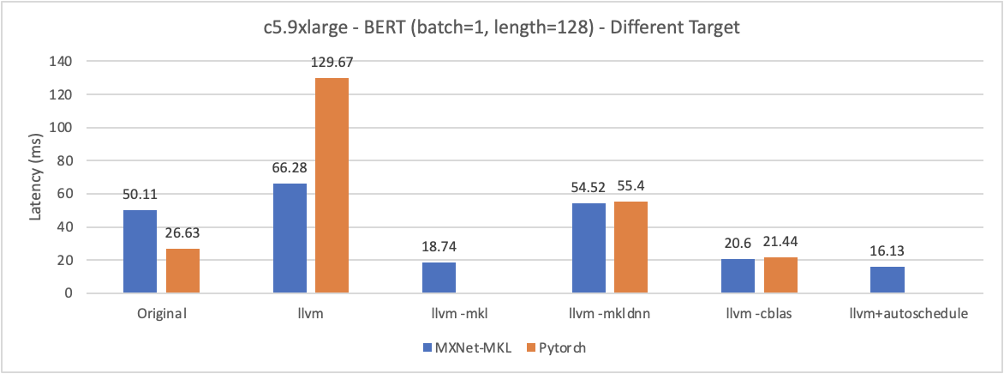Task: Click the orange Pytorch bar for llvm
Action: pyautogui.click(x=332, y=185)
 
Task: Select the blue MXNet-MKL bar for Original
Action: pyautogui.click(x=140, y=251)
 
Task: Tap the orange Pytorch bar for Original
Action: pyautogui.click(x=182, y=271)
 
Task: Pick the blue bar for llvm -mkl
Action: pyautogui.click(x=439, y=278)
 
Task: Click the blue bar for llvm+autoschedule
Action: pyautogui.click(x=887, y=280)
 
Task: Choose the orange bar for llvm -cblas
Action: pyautogui.click(x=780, y=275)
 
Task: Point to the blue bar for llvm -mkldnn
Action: pyautogui.click(x=588, y=248)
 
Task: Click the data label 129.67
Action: pyautogui.click(x=332, y=63)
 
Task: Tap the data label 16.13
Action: pyautogui.click(x=887, y=252)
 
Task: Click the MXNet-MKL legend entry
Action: pyautogui.click(x=462, y=347)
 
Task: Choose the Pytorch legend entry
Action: pyautogui.click(x=556, y=347)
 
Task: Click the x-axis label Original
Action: pyautogui.click(x=162, y=314)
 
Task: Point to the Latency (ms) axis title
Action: pyautogui.click(x=36, y=177)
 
